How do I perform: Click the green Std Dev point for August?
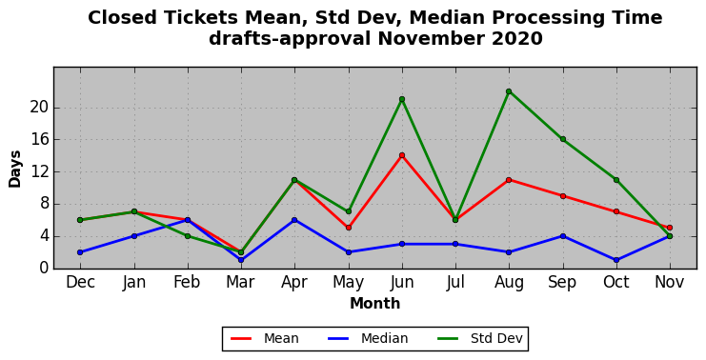(509, 91)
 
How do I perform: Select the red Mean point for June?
(402, 155)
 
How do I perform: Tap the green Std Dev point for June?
(402, 99)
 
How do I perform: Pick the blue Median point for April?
(294, 220)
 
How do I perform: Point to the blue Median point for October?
(615, 260)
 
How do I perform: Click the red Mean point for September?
(563, 196)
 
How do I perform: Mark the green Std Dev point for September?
(563, 139)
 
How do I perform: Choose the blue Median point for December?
(80, 252)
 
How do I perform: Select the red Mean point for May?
(349, 228)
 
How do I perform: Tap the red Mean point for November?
(670, 228)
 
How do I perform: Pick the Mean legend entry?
(265, 338)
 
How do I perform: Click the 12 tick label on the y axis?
(39, 172)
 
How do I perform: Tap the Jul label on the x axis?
(455, 282)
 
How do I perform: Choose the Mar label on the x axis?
(241, 282)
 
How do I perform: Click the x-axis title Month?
(375, 304)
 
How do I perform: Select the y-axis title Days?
(15, 170)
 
